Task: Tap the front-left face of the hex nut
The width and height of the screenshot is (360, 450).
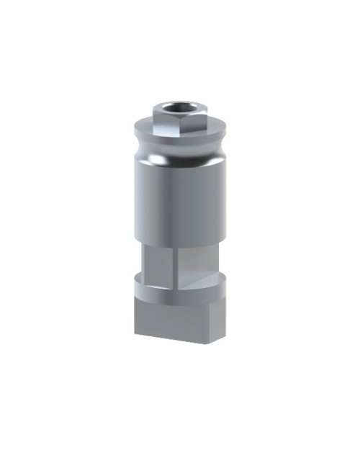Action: (x=163, y=124)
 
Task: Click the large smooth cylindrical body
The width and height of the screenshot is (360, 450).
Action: (x=179, y=202)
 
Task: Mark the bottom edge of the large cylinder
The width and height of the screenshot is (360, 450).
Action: (x=179, y=244)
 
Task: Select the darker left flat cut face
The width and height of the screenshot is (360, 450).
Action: (x=159, y=263)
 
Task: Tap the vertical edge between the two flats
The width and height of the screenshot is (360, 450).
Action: (x=174, y=263)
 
